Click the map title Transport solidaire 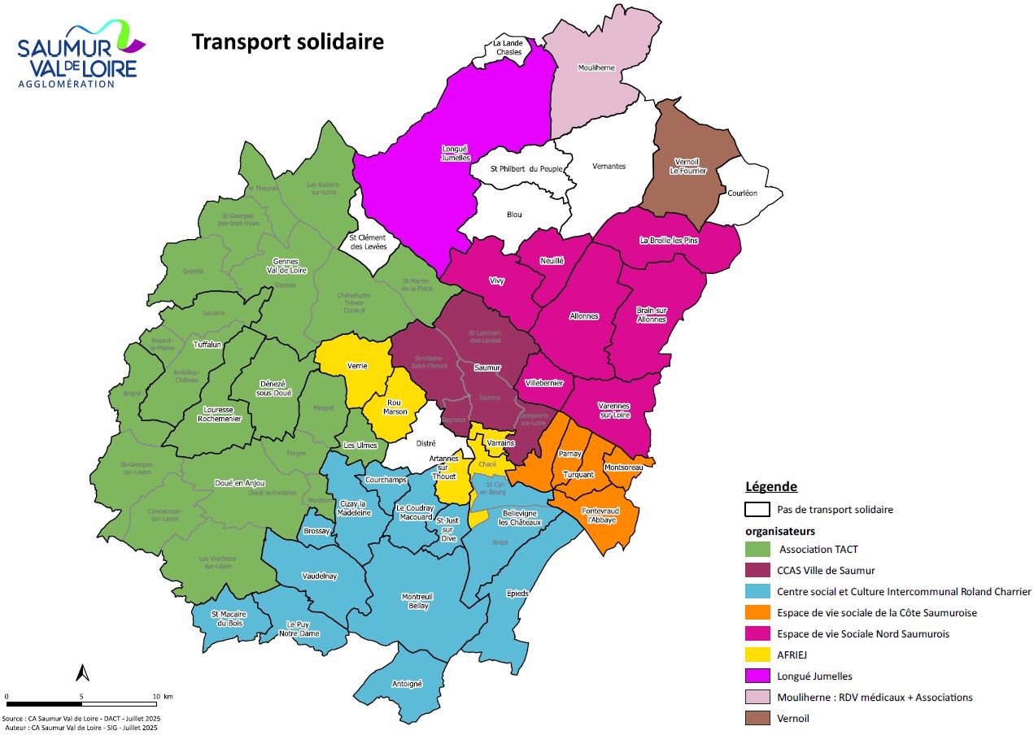pyautogui.click(x=287, y=42)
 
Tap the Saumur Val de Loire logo pyautogui.click(x=80, y=55)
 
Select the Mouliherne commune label pyautogui.click(x=596, y=68)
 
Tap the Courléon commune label pyautogui.click(x=741, y=193)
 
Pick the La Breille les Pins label pyautogui.click(x=669, y=240)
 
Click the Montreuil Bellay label pyautogui.click(x=417, y=601)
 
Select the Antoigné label pyautogui.click(x=408, y=684)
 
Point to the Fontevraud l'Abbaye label pyautogui.click(x=598, y=515)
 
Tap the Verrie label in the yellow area pyautogui.click(x=356, y=366)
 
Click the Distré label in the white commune pyautogui.click(x=426, y=443)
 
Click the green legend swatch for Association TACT pyautogui.click(x=757, y=549)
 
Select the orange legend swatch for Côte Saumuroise pyautogui.click(x=757, y=612)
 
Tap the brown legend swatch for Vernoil pyautogui.click(x=757, y=718)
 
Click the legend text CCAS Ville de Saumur pyautogui.click(x=826, y=570)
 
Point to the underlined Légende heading pyautogui.click(x=770, y=487)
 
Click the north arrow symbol pyautogui.click(x=82, y=672)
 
